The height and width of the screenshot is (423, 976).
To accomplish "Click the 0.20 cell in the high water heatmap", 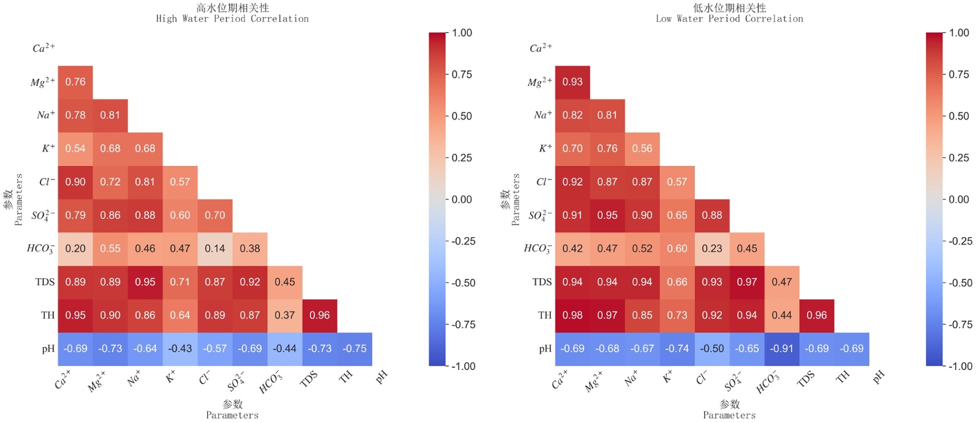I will coord(75,248).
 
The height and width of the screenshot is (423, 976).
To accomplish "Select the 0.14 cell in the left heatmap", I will coord(215,248).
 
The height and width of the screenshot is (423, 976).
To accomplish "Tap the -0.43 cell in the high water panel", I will coord(180,349).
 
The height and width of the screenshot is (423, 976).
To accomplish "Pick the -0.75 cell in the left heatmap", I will coord(354,349).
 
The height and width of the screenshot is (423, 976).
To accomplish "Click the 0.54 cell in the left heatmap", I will coord(75,148).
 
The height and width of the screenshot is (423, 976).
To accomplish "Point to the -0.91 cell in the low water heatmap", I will coord(781,349).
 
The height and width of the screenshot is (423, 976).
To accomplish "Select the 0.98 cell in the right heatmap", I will coord(572,315).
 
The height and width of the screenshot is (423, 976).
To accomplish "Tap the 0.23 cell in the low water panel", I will coord(712,248).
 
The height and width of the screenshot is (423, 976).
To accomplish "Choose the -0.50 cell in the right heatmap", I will coord(712,349).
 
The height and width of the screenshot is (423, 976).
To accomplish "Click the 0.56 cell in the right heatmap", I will coord(642,148).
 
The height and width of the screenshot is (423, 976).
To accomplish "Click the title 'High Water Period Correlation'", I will coord(232,19).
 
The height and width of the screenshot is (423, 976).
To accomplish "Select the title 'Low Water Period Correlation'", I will coord(730,19).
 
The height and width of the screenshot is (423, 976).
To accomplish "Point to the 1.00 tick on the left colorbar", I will coord(462,33).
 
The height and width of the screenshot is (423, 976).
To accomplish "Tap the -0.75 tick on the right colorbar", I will coord(960,325).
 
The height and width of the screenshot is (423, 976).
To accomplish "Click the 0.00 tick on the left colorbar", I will coord(462,200).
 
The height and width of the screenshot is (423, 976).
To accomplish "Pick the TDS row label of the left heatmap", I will coord(45,282).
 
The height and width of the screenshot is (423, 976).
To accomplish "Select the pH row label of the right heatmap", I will coord(545,349).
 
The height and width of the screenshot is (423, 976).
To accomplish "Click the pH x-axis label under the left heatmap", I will coord(382,377).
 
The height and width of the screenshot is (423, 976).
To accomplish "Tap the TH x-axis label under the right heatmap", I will coord(843,377).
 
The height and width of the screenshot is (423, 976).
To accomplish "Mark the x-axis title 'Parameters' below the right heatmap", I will coord(730,415).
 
